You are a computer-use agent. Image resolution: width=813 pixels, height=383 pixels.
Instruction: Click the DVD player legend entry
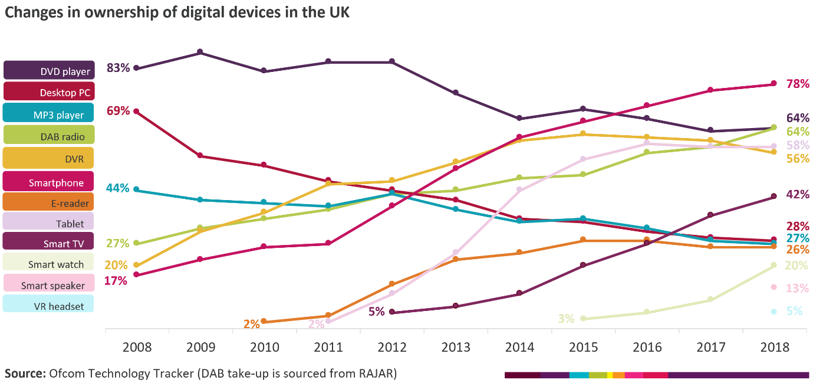pyautogui.click(x=49, y=70)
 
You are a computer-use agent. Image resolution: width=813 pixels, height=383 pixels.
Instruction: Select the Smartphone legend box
pyautogui.click(x=49, y=182)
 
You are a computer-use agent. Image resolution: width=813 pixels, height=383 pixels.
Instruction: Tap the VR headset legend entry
pyautogui.click(x=49, y=305)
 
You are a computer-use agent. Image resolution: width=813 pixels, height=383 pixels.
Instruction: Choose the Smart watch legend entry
pyautogui.click(x=49, y=263)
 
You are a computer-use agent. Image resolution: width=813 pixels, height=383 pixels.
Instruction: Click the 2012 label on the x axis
pyautogui.click(x=391, y=347)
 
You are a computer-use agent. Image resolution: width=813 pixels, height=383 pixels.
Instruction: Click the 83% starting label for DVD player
pyautogui.click(x=118, y=68)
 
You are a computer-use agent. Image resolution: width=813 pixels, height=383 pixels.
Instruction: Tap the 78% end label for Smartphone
pyautogui.click(x=798, y=84)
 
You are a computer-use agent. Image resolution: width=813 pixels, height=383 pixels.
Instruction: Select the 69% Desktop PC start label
pyautogui.click(x=118, y=110)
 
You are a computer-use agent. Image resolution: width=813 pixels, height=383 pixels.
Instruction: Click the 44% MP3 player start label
pyautogui.click(x=118, y=188)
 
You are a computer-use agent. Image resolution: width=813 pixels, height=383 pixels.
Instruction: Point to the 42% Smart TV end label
pyautogui.click(x=798, y=195)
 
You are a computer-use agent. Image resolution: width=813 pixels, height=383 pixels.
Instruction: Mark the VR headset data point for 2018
pyautogui.click(x=773, y=312)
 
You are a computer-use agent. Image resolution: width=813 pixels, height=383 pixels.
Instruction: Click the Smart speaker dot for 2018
pyautogui.click(x=773, y=287)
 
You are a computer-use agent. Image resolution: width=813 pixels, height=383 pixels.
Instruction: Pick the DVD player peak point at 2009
pyautogui.click(x=200, y=52)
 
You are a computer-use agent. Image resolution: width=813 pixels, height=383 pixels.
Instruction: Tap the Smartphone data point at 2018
pyautogui.click(x=773, y=84)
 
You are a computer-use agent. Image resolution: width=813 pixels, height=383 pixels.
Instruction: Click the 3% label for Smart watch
pyautogui.click(x=566, y=319)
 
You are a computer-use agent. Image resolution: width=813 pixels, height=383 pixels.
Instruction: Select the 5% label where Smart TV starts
pyautogui.click(x=376, y=311)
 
